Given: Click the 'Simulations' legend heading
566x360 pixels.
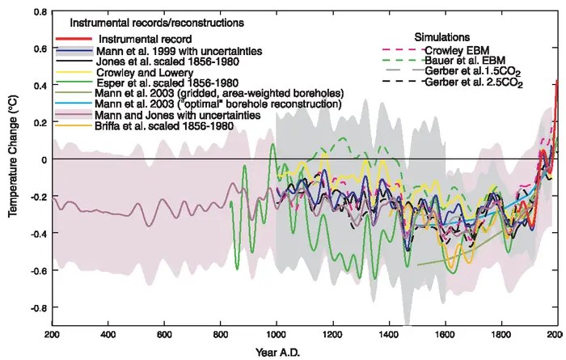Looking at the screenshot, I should pos(440,37).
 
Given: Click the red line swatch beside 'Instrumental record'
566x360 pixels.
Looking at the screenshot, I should pos(75,39).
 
